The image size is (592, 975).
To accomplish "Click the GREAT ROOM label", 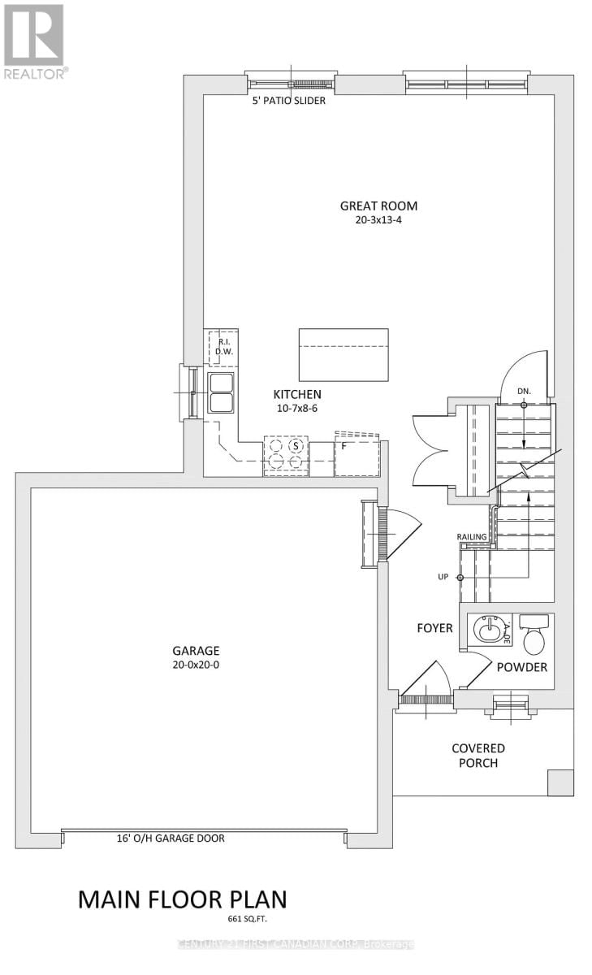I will pyautogui.click(x=378, y=206).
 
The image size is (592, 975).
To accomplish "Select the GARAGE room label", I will pyautogui.click(x=196, y=651).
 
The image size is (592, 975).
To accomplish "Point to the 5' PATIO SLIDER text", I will pyautogui.click(x=288, y=102).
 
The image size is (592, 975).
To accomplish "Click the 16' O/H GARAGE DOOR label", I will pyautogui.click(x=171, y=838).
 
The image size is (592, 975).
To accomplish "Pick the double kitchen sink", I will pyautogui.click(x=221, y=393).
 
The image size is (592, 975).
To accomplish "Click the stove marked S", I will pyautogui.click(x=285, y=455).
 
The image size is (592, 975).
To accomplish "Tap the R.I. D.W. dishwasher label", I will pyautogui.click(x=223, y=347).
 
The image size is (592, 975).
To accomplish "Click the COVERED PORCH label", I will pyautogui.click(x=479, y=755).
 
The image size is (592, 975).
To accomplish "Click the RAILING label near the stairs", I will pyautogui.click(x=471, y=537).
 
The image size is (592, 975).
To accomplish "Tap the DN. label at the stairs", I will pyautogui.click(x=525, y=391).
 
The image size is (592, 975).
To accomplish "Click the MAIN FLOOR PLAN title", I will pyautogui.click(x=182, y=899).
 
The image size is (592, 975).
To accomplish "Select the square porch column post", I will pyautogui.click(x=560, y=782).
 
